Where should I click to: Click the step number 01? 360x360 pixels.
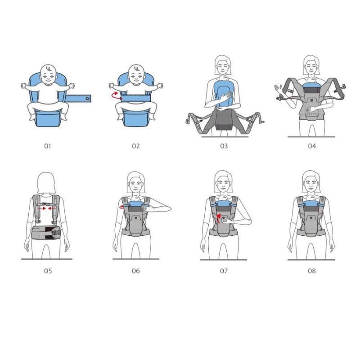pos(48,146)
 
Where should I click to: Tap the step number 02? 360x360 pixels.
pos(135,146)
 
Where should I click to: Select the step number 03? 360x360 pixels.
pos(224,146)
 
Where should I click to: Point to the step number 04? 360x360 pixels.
pos(312,146)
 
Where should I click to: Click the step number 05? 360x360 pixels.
pos(48,271)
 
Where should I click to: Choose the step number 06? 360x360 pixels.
pos(135,271)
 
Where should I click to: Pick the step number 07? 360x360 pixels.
pos(224,271)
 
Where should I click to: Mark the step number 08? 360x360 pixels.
pos(312,271)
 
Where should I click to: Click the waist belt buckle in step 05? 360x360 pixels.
pos(56,233)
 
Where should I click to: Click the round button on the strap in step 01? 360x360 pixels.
pos(87,98)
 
